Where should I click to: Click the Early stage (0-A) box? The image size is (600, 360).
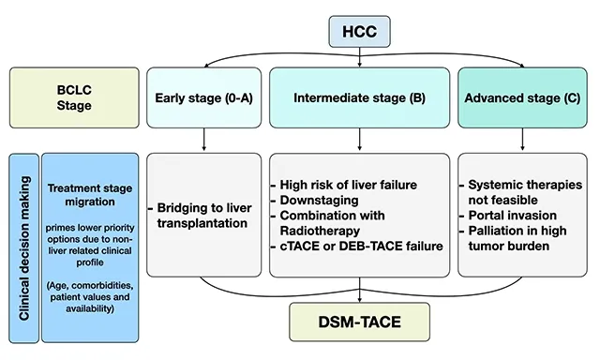(203, 97)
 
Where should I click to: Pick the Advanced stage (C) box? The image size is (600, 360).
(518, 97)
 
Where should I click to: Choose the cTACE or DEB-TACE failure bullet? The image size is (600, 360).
(356, 247)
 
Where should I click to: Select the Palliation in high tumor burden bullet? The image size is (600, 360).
(517, 238)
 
